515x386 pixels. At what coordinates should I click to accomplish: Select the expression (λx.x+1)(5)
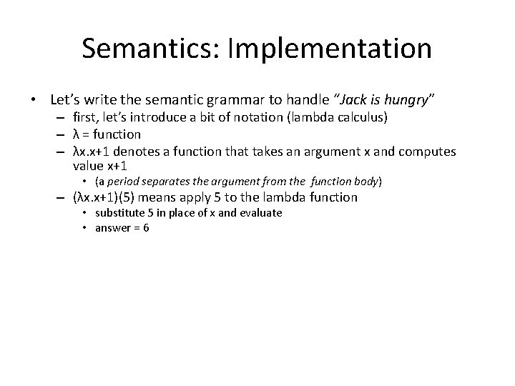pyautogui.click(x=111, y=197)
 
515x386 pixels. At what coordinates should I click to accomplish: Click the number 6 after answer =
pyautogui.click(x=146, y=227)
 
